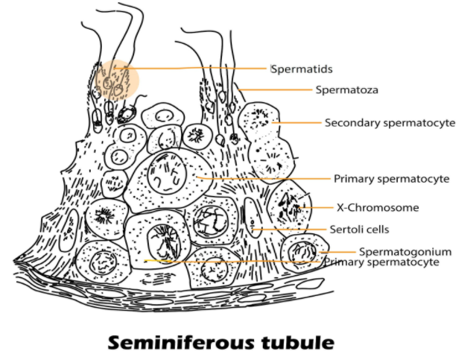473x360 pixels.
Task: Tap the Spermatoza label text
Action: point(346,89)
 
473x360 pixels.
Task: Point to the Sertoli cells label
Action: point(359,229)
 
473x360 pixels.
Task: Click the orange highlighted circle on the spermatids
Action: point(115,80)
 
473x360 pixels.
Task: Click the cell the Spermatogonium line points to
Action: point(304,251)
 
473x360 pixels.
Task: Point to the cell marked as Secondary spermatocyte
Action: point(261,119)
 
